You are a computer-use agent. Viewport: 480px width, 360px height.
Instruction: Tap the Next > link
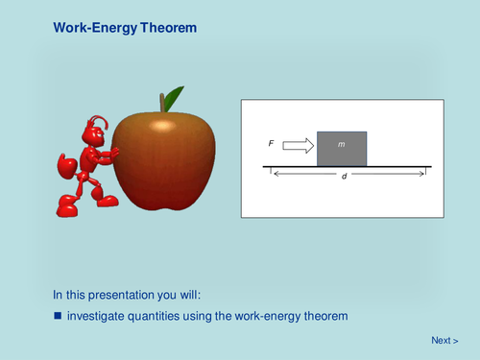(444, 340)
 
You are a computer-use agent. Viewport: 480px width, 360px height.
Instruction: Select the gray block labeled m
(341, 148)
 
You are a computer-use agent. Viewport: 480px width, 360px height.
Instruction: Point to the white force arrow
(299, 145)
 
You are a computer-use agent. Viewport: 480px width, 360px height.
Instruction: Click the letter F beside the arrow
(272, 144)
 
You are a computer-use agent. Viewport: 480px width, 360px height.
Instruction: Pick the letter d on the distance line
(345, 176)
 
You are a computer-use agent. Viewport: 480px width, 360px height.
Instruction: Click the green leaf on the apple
(173, 98)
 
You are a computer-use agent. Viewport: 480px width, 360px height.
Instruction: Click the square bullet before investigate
(58, 316)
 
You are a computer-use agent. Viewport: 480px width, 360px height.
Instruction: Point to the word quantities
(162, 316)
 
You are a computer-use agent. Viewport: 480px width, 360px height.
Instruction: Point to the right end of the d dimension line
(425, 175)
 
